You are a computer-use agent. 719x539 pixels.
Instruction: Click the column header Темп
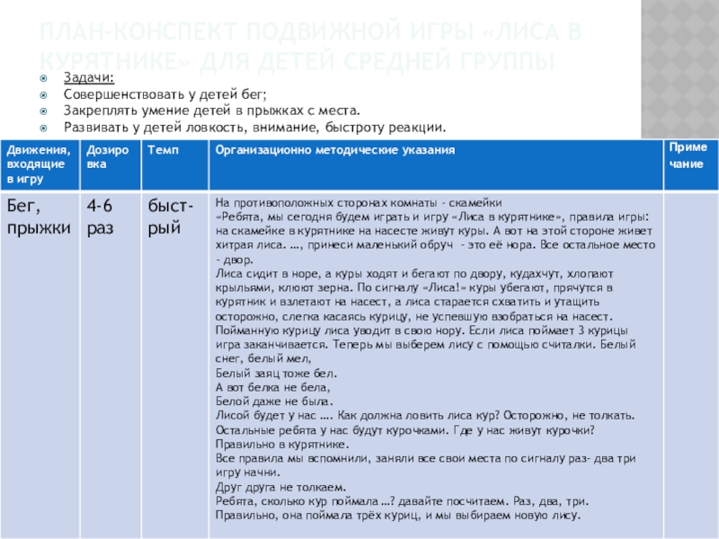click(161, 148)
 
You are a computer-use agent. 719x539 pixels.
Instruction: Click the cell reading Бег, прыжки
click(39, 216)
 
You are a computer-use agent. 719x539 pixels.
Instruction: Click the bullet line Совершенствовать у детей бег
click(165, 94)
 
